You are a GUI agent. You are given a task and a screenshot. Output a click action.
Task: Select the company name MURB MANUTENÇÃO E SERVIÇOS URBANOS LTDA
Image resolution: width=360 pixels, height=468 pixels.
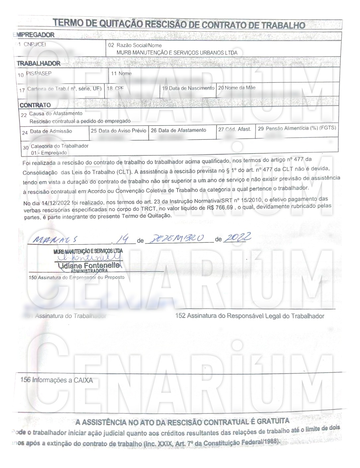point(177,53)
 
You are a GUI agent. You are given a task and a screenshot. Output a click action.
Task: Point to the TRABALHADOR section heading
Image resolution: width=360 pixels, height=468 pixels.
point(39,63)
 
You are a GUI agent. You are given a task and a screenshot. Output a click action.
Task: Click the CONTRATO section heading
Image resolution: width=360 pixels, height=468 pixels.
point(35,105)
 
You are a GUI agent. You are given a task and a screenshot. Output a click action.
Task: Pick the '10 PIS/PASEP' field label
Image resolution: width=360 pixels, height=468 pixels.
point(35,74)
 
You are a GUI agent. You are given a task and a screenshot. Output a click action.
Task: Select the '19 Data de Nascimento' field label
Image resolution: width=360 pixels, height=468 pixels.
point(188,88)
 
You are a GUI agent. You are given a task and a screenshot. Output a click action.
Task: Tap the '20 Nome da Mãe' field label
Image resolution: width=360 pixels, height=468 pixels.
point(237,88)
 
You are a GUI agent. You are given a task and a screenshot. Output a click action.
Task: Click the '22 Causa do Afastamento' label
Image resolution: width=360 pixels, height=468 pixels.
point(52,114)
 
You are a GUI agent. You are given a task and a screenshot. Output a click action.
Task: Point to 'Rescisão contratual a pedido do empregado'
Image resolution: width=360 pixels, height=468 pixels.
point(80,121)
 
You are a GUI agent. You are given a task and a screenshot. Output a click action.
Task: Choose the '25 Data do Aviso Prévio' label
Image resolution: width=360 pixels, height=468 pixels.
point(118,130)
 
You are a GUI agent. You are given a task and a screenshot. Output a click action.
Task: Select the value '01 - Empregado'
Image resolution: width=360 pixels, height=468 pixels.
point(49,153)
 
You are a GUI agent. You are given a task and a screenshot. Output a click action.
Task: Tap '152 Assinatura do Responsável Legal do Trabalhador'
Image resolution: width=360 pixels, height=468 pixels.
point(250,316)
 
